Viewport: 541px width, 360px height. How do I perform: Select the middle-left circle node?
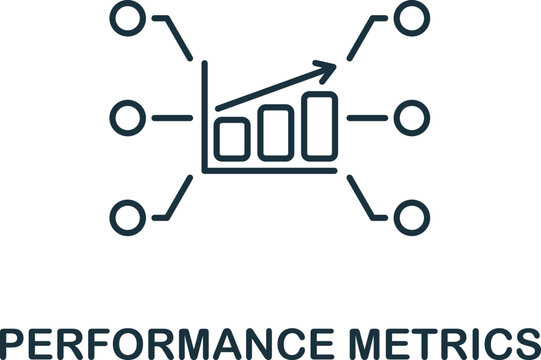coord(125,117)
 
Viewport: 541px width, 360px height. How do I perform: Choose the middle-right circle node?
coord(408,117)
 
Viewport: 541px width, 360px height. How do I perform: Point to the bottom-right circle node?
coord(408,215)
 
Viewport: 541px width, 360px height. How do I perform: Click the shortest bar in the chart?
coord(232,137)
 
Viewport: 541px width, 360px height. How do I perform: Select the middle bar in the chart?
coord(275,131)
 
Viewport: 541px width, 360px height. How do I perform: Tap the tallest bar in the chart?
coord(318,125)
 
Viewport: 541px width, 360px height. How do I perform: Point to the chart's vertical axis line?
coord(204,115)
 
